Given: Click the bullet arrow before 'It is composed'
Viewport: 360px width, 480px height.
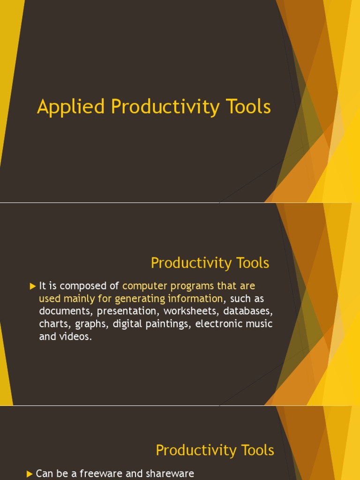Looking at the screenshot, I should coord(32,286).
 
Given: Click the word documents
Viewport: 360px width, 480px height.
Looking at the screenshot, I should coord(65,311).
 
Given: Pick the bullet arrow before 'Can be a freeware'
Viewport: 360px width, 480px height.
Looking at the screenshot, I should coord(30,474).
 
